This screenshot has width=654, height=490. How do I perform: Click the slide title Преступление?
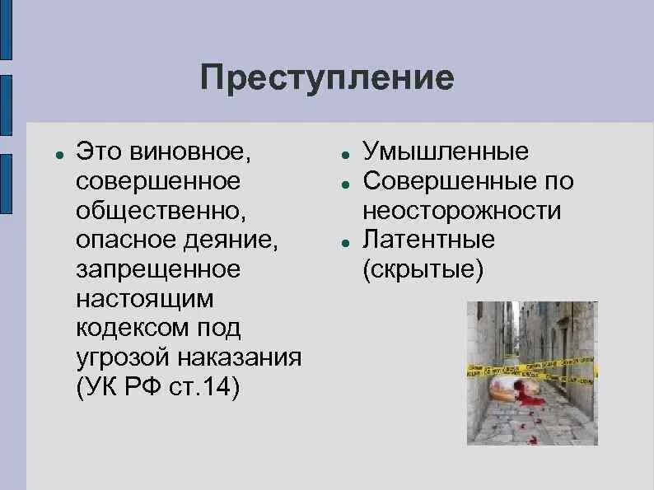[326, 78]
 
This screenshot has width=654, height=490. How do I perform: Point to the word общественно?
[161, 210]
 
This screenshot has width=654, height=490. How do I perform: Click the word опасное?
[124, 240]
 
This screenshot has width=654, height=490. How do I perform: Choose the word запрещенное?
[158, 269]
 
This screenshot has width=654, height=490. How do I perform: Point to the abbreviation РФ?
[146, 387]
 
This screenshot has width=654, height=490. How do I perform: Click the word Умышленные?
[446, 152]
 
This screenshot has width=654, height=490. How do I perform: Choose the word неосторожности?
[461, 210]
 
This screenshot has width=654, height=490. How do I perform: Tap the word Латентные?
[428, 240]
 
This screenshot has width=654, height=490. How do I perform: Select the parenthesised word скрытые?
[423, 269]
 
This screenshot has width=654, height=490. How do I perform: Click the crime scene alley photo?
[532, 373]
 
